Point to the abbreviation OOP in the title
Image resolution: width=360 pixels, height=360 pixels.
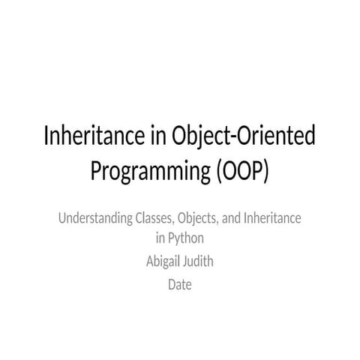241,171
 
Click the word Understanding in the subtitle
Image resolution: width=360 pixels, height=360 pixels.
94,219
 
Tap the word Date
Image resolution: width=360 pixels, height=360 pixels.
180,284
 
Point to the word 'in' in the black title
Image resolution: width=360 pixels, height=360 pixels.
155,137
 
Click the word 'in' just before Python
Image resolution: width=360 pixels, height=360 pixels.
160,239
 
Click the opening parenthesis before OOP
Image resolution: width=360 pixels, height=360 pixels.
220,172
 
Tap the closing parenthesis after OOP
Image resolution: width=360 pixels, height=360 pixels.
264,172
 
